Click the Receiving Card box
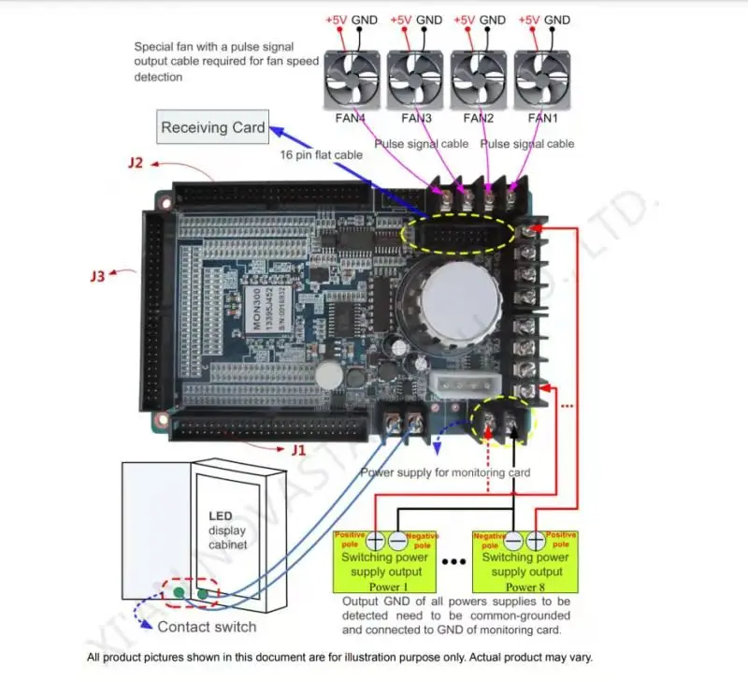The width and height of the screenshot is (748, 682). [213, 127]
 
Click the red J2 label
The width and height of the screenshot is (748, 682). [136, 163]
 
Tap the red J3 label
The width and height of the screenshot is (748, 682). [97, 276]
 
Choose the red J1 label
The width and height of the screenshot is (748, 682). [297, 449]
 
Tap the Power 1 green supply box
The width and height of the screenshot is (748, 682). [386, 561]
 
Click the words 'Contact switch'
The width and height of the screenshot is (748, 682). [206, 627]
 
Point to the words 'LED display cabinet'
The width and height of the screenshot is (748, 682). [227, 530]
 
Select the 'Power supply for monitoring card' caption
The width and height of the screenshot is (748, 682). [445, 472]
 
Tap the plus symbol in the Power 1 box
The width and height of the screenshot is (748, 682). [375, 541]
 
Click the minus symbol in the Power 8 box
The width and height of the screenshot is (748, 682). [513, 541]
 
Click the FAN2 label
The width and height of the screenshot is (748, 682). [479, 119]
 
